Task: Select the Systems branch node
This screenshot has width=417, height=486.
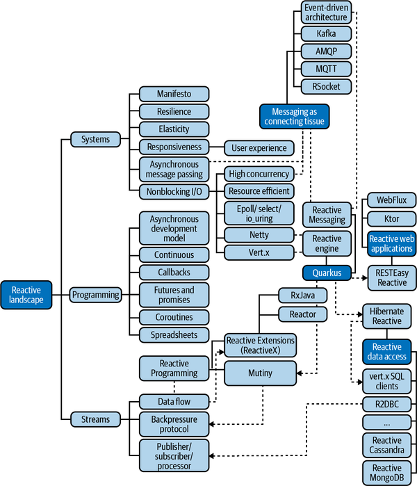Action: [95, 139]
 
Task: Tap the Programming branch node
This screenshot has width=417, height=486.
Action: [96, 295]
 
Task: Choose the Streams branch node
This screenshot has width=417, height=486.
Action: [95, 419]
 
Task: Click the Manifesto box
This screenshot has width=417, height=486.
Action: [174, 94]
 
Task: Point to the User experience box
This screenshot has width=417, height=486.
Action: [259, 147]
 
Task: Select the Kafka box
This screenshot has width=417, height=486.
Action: [326, 33]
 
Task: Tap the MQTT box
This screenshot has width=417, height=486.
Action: [326, 69]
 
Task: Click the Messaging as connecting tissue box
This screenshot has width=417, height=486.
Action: [293, 116]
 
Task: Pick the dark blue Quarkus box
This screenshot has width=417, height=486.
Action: [327, 273]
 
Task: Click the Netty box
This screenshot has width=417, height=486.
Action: [258, 235]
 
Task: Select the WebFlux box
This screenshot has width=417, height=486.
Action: [391, 200]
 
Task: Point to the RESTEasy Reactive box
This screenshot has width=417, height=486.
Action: [391, 277]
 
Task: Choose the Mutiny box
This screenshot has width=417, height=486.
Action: [260, 373]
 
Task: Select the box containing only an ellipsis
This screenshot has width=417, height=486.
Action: [387, 422]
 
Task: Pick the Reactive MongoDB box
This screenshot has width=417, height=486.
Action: [387, 473]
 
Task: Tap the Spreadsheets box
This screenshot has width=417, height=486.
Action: [174, 334]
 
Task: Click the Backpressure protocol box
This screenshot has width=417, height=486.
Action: [174, 423]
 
